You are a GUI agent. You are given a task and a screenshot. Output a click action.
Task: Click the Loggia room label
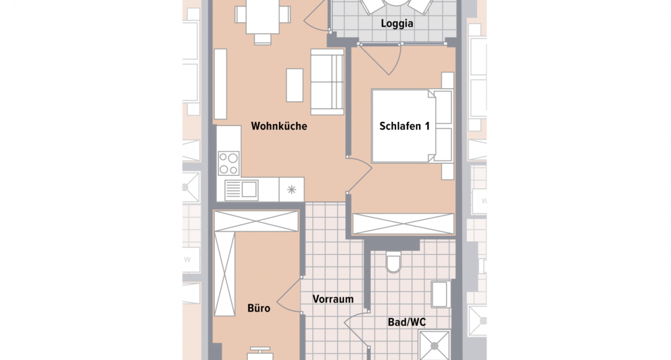[397, 25]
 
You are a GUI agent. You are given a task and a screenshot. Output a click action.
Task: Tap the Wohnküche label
[279, 127]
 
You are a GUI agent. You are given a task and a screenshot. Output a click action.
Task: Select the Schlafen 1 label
[404, 127]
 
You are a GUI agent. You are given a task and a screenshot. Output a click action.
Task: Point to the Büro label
[259, 309]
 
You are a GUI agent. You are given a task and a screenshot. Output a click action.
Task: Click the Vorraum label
[332, 299]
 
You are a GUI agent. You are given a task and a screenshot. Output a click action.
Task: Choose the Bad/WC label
[406, 323]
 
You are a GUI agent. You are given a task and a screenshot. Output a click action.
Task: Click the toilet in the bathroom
[394, 262]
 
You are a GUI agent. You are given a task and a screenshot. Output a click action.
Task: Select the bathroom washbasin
[441, 295]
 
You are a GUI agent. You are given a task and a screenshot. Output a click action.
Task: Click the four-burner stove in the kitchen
[228, 162]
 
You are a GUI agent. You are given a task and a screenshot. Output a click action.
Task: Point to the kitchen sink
[241, 190]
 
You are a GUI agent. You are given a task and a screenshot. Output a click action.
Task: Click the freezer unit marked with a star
[292, 190]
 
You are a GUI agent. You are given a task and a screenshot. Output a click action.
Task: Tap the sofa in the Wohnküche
[327, 82]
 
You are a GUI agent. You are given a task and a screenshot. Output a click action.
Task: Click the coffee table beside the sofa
[295, 85]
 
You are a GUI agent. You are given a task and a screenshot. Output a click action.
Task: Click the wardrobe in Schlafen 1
[403, 224]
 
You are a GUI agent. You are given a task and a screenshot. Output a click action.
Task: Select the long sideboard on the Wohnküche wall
[220, 83]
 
